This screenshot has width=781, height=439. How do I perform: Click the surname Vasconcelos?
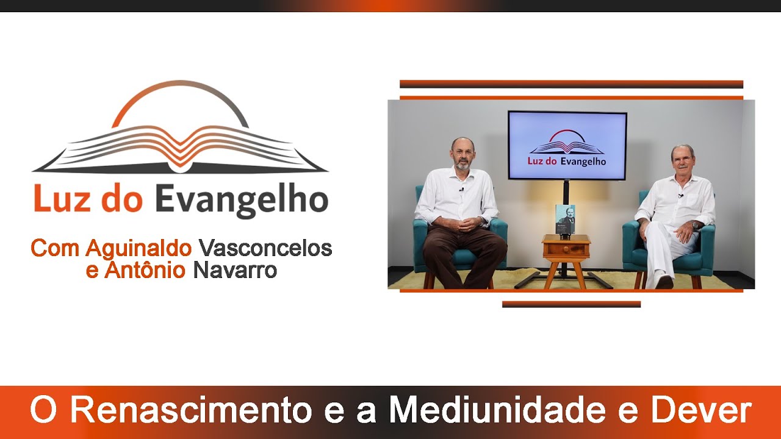pyautogui.click(x=265, y=248)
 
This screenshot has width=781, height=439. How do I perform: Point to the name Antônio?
pyautogui.click(x=144, y=269)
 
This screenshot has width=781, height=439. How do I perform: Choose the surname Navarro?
pyautogui.click(x=235, y=269)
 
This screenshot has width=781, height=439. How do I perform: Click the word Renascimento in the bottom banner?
pyautogui.click(x=190, y=411)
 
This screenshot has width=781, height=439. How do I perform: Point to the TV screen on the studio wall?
pyautogui.click(x=567, y=145)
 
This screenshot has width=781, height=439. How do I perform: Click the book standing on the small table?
pyautogui.click(x=565, y=219)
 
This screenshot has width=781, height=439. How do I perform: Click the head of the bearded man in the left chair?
pyautogui.click(x=462, y=153)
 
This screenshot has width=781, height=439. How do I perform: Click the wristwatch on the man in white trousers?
pyautogui.click(x=696, y=225)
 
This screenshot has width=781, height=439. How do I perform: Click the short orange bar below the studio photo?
pyautogui.click(x=571, y=304)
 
